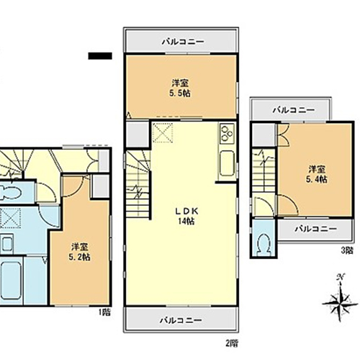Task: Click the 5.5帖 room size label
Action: tap(180, 94)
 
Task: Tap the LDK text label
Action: tap(186, 211)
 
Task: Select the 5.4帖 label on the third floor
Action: tap(317, 179)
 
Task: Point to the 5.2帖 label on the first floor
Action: tap(79, 258)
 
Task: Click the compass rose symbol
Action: tap(340, 302)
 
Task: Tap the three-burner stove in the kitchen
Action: tap(228, 134)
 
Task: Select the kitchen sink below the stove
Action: tap(227, 164)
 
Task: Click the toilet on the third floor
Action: tap(263, 244)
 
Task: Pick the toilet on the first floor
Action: tap(11, 191)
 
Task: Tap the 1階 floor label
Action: tap(104, 312)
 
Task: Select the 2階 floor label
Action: tap(232, 343)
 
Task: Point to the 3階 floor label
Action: tap(347, 251)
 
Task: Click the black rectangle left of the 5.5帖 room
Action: tap(100, 56)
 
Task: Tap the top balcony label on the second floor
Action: tap(183, 42)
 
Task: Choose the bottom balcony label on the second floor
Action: tap(181, 320)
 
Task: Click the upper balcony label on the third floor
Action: tap(294, 110)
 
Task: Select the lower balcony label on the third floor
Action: tap(316, 229)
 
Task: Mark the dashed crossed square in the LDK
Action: tap(163, 133)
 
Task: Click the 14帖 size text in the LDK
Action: tap(186, 221)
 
